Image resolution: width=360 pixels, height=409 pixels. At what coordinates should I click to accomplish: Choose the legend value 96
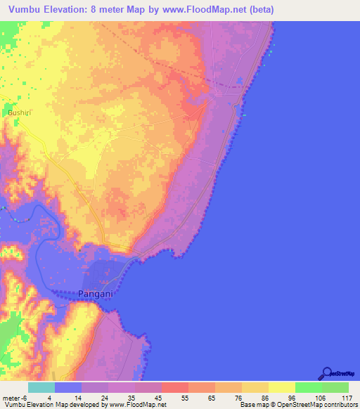[x=282, y=397]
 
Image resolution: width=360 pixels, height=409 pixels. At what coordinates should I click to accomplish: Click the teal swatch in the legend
[x=41, y=387]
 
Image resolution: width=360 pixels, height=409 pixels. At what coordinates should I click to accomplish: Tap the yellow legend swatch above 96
[x=282, y=387]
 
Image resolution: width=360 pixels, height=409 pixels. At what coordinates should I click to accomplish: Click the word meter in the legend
[x=12, y=397]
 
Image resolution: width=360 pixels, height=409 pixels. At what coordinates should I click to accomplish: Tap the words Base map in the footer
[x=251, y=405]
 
